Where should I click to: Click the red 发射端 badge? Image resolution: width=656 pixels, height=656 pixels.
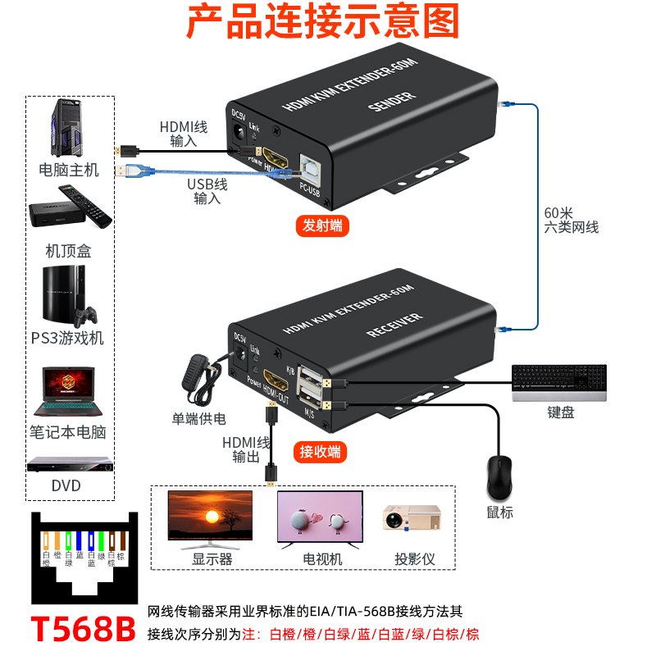pyautogui.click(x=322, y=226)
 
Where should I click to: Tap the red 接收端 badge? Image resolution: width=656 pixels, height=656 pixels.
pyautogui.click(x=319, y=452)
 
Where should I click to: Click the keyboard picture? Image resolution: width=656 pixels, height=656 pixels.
pyautogui.click(x=560, y=382)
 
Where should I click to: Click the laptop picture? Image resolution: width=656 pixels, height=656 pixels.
pyautogui.click(x=69, y=393)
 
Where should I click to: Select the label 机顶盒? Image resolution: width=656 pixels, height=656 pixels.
pyautogui.click(x=68, y=250)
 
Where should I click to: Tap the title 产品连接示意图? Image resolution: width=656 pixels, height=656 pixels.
pyautogui.click(x=323, y=22)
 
